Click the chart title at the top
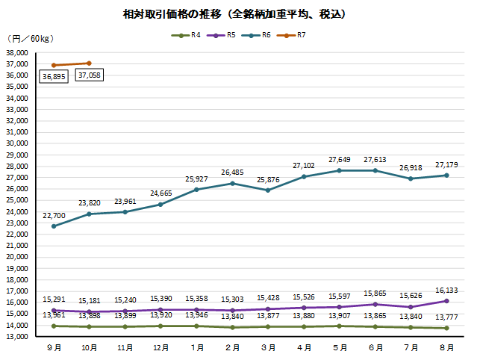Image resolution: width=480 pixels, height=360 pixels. point(239,14)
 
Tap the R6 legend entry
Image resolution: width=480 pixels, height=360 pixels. point(261,35)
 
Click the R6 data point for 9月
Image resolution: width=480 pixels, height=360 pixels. point(54,226)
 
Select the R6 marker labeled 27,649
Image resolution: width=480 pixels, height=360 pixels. point(340,170)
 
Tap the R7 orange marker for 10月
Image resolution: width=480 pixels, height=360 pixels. point(90,63)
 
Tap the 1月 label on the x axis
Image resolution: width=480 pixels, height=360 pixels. point(197,348)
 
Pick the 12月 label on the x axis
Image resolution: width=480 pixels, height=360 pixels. point(161,348)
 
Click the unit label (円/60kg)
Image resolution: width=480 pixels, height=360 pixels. point(30,39)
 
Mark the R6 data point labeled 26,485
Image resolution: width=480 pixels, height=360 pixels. point(233,184)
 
